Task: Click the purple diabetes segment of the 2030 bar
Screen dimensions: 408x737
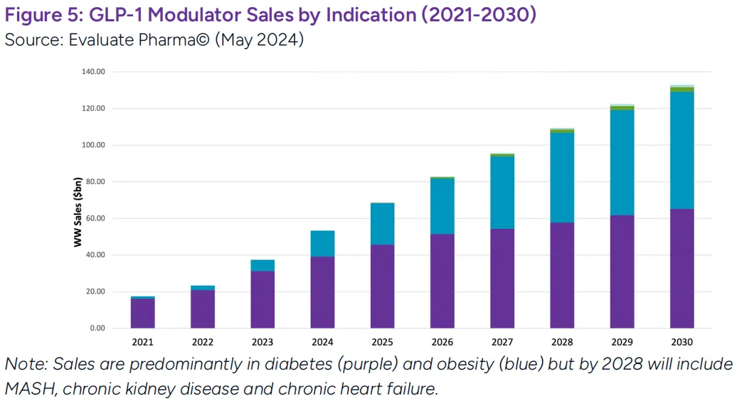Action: click(x=682, y=268)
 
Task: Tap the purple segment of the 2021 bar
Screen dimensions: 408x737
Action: click(x=143, y=313)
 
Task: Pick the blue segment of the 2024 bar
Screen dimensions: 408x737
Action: click(x=322, y=244)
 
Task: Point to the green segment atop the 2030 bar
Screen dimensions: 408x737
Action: click(x=682, y=89)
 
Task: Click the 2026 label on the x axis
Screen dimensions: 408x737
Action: click(x=442, y=343)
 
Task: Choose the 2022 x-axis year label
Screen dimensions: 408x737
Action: click(x=203, y=343)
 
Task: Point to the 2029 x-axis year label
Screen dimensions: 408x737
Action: click(x=622, y=343)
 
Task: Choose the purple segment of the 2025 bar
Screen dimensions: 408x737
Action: click(x=382, y=286)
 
